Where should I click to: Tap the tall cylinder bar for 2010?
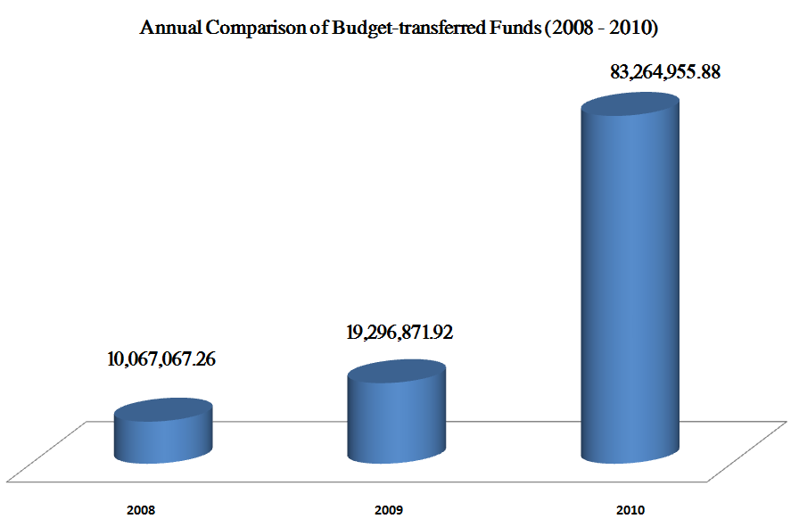(x=630, y=285)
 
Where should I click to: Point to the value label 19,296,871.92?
(x=399, y=333)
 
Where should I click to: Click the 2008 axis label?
(x=141, y=511)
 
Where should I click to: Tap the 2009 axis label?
(x=389, y=511)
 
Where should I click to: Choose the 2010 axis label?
(x=630, y=511)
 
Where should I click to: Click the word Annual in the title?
(x=169, y=29)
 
